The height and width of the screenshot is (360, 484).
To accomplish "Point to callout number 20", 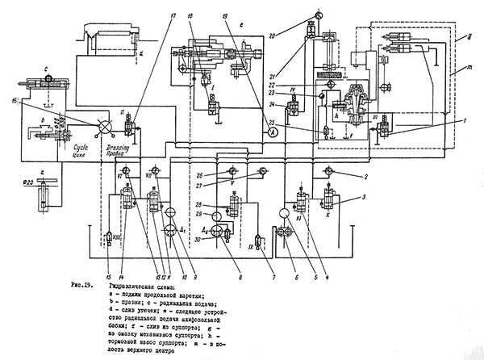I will pos(295,35).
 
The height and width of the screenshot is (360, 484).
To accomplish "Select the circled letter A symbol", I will pos(273,132).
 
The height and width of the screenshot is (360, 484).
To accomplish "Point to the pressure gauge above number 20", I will pos(311,14).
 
